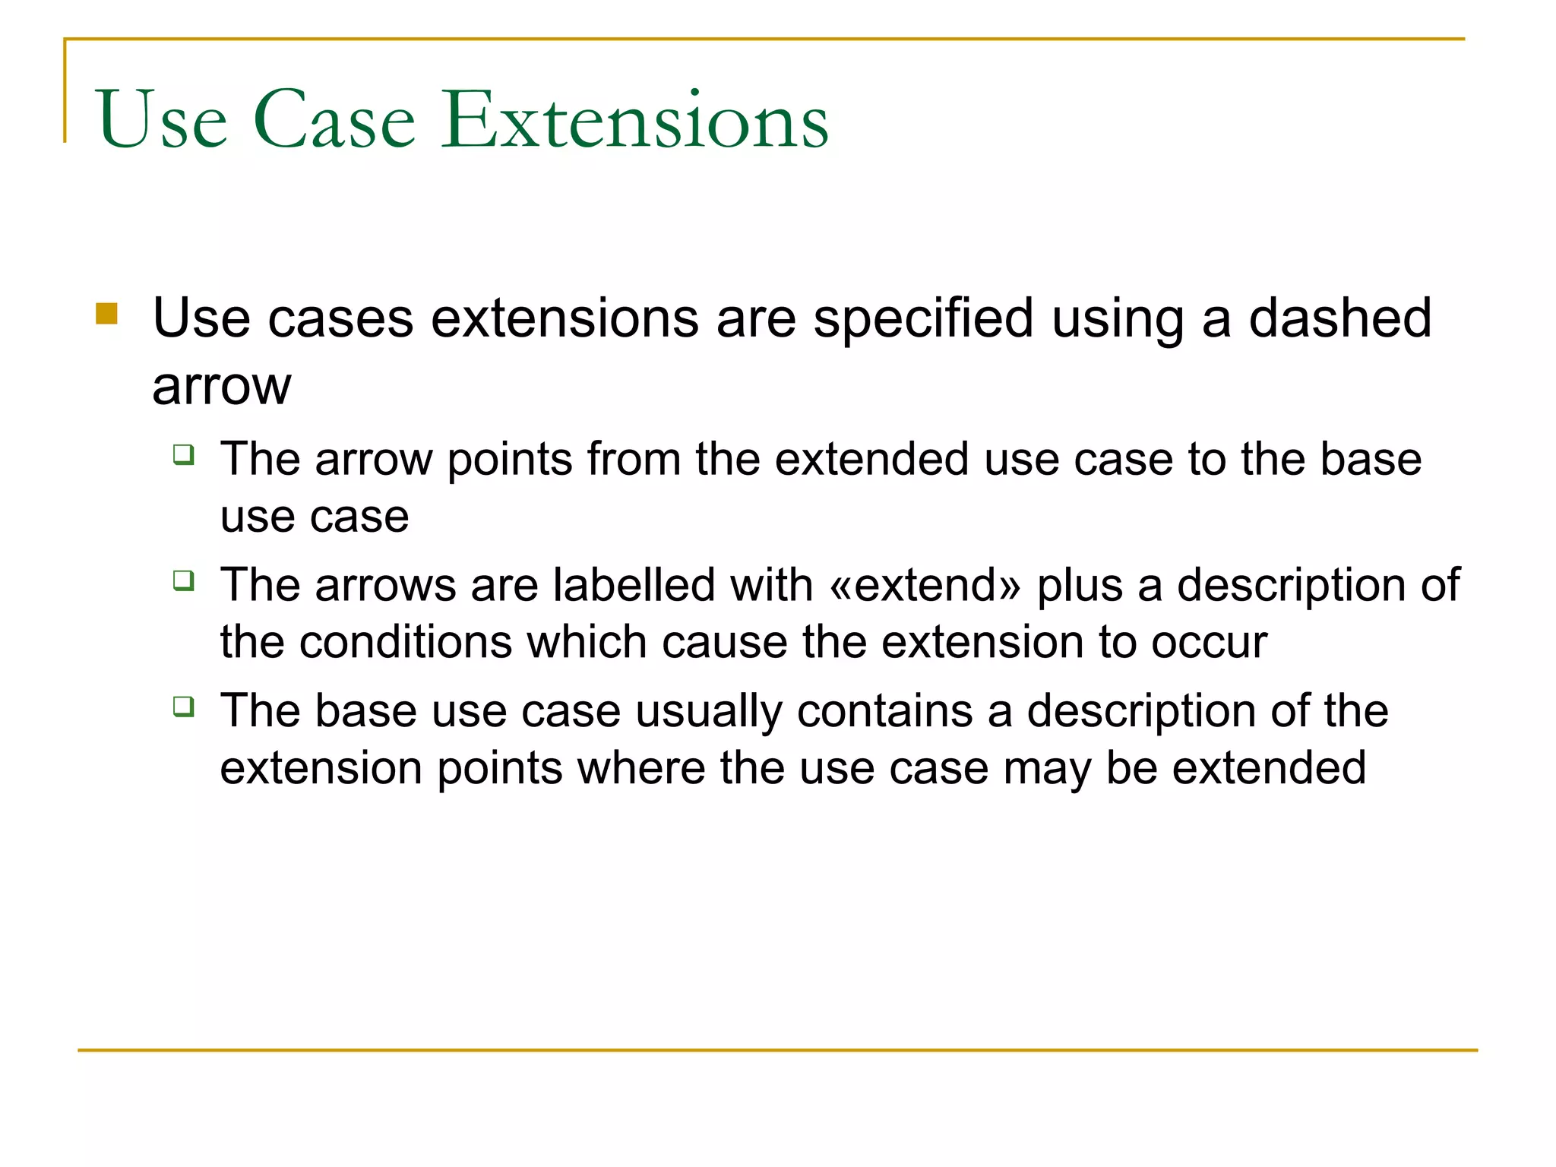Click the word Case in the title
tap(334, 120)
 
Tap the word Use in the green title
tap(162, 120)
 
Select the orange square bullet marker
tap(107, 314)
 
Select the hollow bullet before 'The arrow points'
tap(184, 454)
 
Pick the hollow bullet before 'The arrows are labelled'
tap(184, 580)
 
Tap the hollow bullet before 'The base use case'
tap(184, 707)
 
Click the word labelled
tap(634, 586)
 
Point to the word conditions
tap(406, 643)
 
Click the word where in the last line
tap(641, 768)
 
